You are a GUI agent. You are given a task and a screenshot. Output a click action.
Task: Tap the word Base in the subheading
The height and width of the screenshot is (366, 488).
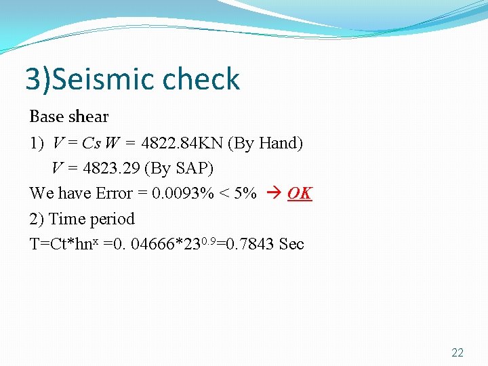(46, 117)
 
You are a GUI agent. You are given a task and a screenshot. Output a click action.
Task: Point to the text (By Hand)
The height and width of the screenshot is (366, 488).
(266, 143)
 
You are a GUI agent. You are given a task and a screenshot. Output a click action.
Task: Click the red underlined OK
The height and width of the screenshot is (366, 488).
(300, 193)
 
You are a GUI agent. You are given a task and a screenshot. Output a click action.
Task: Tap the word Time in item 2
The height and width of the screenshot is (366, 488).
(68, 219)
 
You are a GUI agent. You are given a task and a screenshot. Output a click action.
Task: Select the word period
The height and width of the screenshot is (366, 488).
(113, 219)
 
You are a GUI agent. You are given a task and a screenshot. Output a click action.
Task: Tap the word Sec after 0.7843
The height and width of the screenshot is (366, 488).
(291, 244)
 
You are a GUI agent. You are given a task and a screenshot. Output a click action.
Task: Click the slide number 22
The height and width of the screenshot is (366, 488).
(457, 352)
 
